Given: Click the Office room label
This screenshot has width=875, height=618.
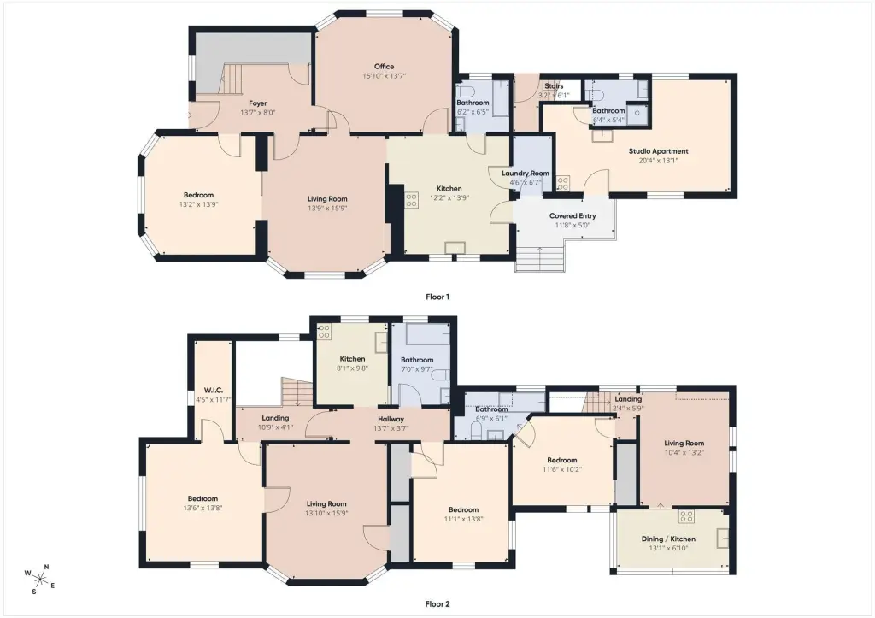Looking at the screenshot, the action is coord(384,67).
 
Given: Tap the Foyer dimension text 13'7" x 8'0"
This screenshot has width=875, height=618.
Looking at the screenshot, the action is coord(258,112).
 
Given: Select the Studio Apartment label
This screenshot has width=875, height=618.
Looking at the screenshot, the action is coord(659,150).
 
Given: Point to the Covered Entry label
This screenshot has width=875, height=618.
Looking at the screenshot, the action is coord(573,215).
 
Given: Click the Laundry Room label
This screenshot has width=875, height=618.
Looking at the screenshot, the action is coord(526,173).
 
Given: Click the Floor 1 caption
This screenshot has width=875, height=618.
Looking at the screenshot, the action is coord(437,297).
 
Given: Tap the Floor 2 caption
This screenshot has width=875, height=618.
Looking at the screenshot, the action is coord(437,604).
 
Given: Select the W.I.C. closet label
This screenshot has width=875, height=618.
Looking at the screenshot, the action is coord(214,391).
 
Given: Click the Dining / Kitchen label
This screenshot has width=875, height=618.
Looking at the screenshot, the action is coord(668,539).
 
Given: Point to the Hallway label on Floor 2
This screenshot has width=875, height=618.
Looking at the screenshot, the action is coord(391,419).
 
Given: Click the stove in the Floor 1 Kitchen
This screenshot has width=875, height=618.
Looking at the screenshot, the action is coord(411,200).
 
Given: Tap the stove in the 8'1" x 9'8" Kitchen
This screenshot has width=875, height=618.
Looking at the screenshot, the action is coord(324,332).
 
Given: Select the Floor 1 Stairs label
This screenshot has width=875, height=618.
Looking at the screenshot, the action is coord(554,86).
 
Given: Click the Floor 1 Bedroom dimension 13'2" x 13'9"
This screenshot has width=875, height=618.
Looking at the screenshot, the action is coord(198,204).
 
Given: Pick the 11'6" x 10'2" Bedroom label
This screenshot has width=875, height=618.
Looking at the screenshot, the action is coord(562,460).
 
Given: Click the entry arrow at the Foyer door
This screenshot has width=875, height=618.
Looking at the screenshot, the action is coord(189,115).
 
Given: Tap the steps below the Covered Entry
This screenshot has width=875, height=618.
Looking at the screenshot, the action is coord(540,259).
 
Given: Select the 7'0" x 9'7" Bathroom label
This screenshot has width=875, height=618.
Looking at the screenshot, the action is coord(417,360).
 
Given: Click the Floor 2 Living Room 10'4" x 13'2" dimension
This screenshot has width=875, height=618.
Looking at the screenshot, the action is coord(684,453).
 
